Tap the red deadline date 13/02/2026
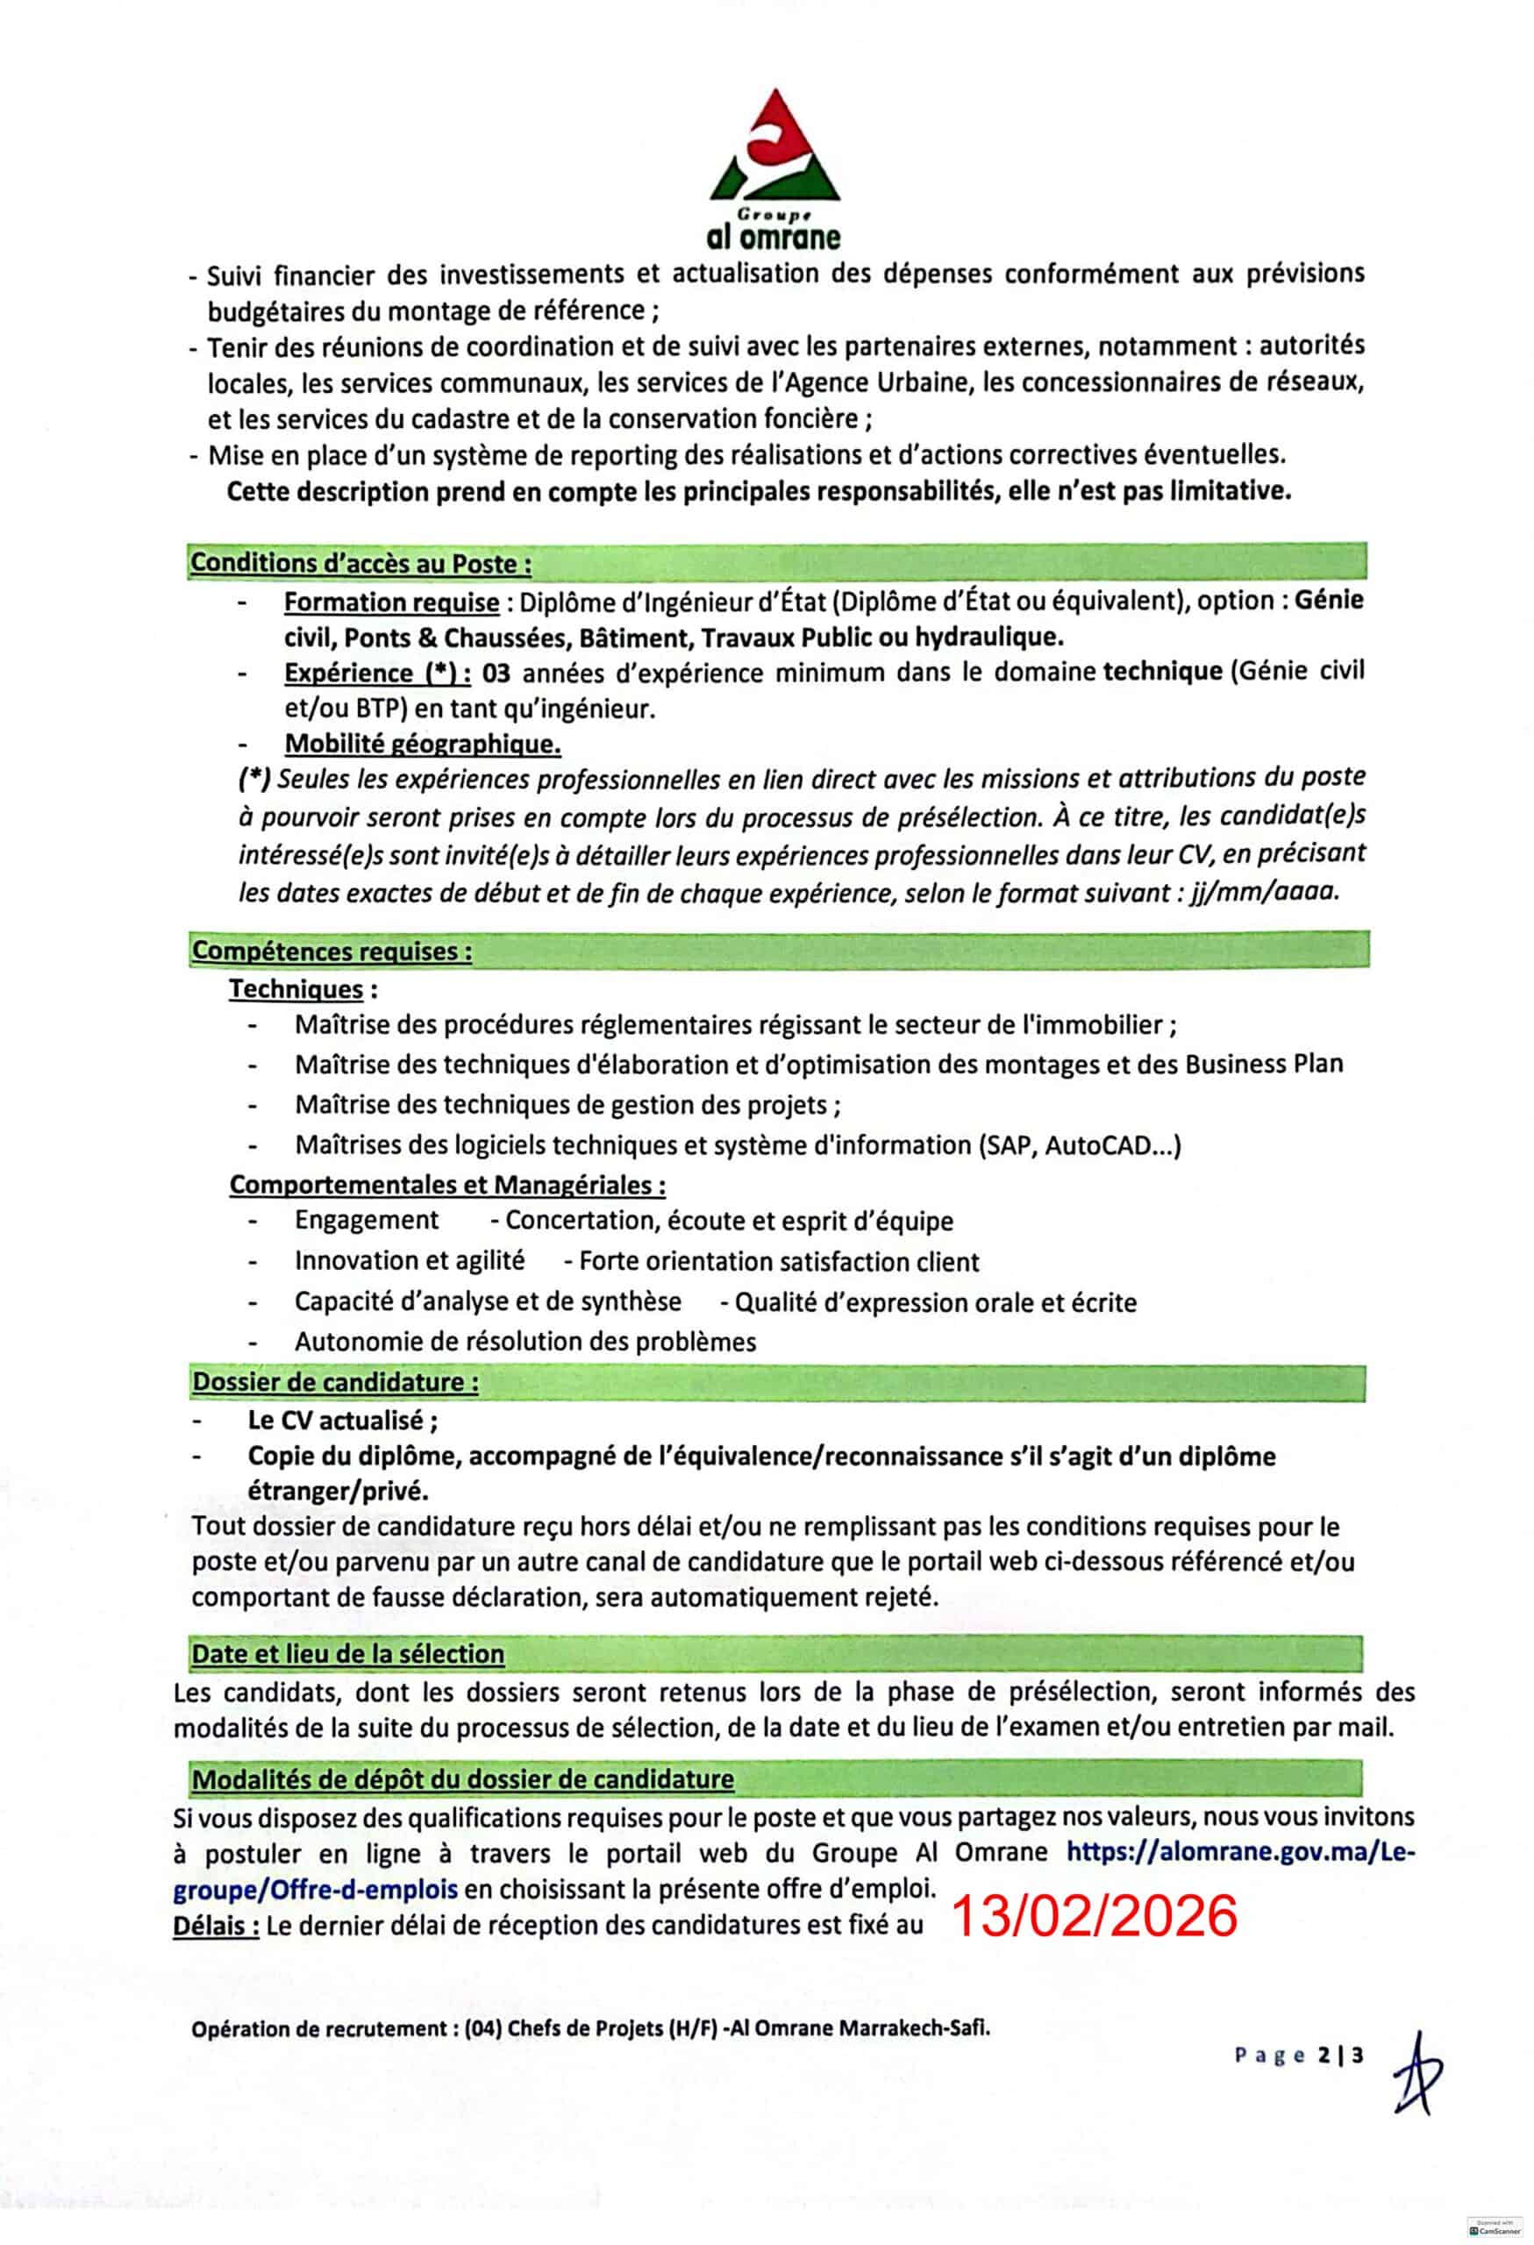click(x=1094, y=1915)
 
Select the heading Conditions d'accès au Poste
click(x=360, y=562)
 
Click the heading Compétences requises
click(x=332, y=951)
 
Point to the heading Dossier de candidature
click(x=335, y=1381)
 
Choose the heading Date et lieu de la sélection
click(x=347, y=1654)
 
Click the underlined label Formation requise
click(x=391, y=602)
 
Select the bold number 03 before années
click(x=496, y=673)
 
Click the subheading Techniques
click(x=296, y=989)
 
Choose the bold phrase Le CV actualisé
click(x=342, y=1420)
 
